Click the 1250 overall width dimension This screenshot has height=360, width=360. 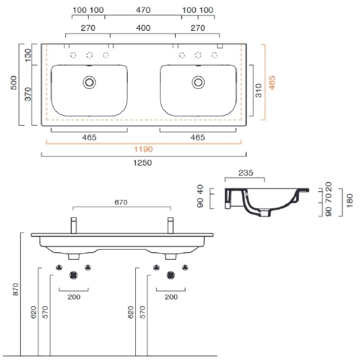[143, 163]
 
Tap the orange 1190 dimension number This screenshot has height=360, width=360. [143, 149]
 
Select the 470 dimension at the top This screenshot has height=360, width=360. [143, 10]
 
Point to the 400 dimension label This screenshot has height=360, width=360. [143, 28]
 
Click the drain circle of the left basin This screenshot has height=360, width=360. [89, 82]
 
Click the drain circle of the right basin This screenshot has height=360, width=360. [198, 82]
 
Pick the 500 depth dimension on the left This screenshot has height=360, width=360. [13, 83]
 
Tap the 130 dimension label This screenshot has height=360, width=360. [28, 55]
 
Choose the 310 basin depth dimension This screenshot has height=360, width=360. [258, 90]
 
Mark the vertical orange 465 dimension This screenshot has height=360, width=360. [272, 83]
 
